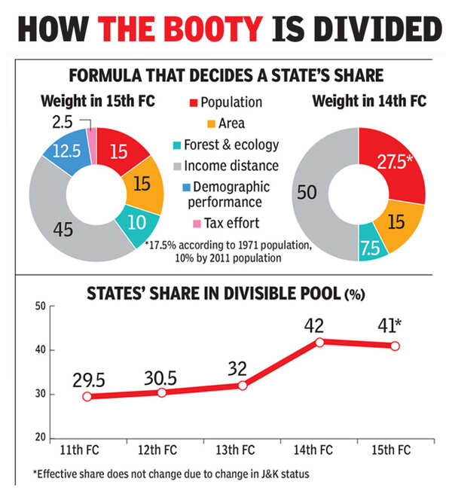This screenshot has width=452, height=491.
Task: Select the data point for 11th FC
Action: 87,396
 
